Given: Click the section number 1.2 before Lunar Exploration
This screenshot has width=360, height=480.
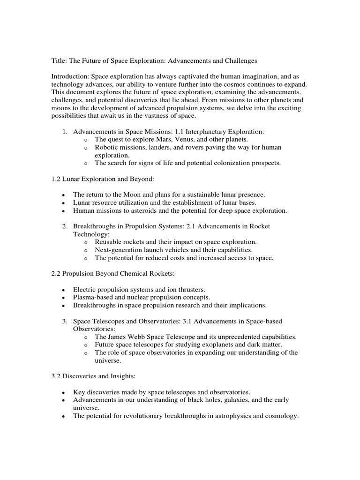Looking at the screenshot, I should (x=56, y=179).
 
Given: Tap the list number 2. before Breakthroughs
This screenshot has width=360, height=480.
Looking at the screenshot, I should (x=65, y=226).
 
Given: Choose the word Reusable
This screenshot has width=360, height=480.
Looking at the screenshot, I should (x=108, y=242).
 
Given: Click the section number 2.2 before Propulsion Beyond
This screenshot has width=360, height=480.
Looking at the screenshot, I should (x=56, y=273).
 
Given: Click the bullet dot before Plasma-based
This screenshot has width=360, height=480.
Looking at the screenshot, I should (x=63, y=298).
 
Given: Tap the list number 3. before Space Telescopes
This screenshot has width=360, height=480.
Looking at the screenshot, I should (x=65, y=321).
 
